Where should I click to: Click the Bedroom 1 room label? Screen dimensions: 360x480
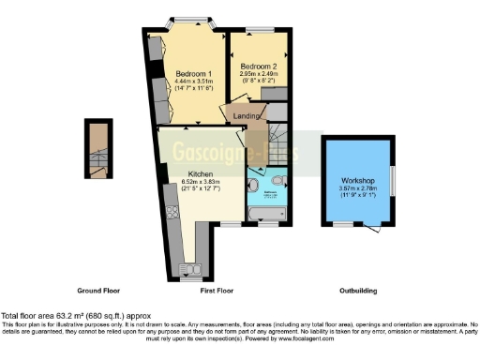pos(194,73)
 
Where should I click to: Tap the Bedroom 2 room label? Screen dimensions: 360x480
pos(258,67)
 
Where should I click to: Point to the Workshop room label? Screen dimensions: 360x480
pos(357,180)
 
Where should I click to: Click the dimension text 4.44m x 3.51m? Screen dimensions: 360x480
pos(195,82)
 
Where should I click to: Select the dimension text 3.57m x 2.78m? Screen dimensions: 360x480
pos(357,187)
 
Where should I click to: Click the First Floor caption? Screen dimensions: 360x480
pos(215,291)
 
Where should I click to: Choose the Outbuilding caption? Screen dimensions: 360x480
pos(357,291)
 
